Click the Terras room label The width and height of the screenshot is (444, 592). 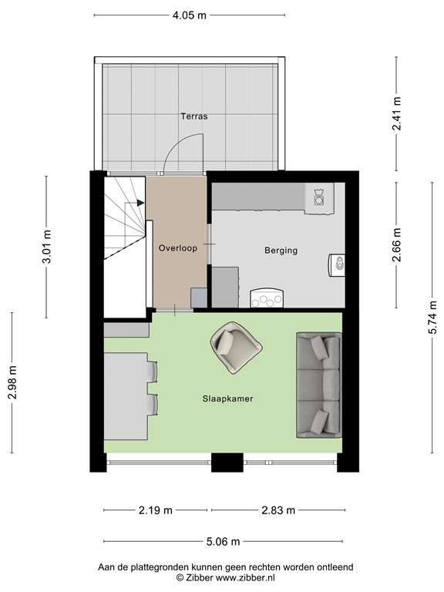(193, 116)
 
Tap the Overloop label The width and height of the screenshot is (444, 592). (178, 248)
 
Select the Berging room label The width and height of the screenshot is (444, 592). (281, 251)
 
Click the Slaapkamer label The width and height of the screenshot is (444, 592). (228, 399)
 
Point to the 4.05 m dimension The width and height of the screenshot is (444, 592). (190, 15)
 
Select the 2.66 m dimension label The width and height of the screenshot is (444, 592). (397, 245)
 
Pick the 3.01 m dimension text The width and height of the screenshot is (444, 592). (46, 247)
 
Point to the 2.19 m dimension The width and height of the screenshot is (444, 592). (156, 510)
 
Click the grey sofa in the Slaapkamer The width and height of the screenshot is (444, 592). (318, 384)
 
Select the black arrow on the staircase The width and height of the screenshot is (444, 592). (140, 203)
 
